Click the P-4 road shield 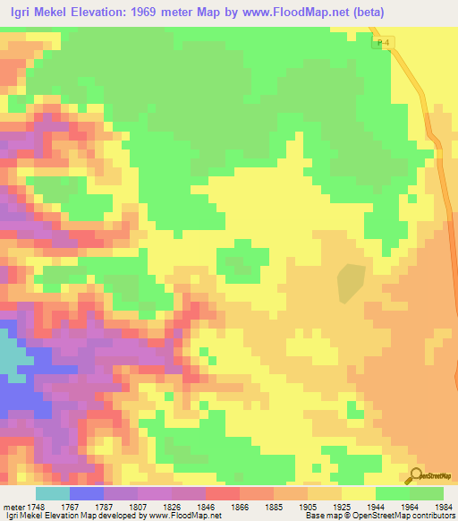(x=384, y=43)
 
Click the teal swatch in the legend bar (x=52, y=493)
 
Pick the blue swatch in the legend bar (x=86, y=493)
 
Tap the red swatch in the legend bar (x=222, y=493)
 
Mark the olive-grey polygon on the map (x=351, y=283)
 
